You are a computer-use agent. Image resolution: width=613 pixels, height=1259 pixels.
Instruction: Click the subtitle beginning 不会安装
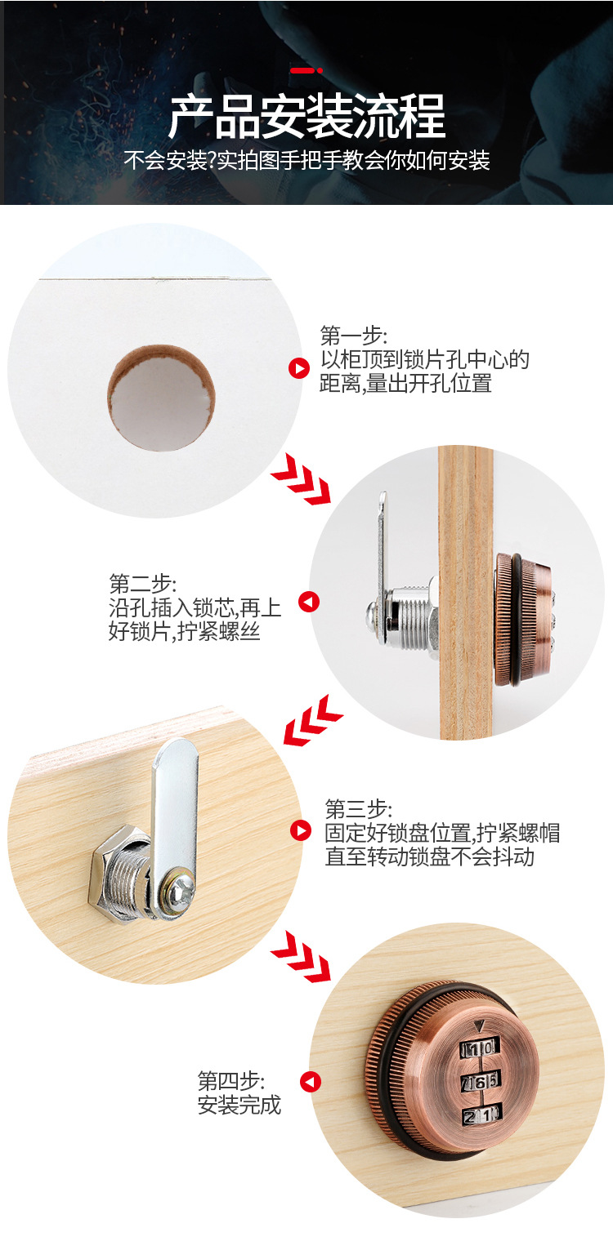[x=306, y=160]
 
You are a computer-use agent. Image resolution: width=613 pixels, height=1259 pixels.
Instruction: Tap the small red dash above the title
[x=306, y=71]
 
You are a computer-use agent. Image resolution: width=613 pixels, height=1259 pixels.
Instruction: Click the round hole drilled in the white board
[x=162, y=398]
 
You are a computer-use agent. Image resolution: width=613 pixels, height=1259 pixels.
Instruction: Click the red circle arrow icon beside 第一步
[x=299, y=369]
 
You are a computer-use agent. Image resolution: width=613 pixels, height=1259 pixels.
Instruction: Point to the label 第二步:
[x=142, y=584]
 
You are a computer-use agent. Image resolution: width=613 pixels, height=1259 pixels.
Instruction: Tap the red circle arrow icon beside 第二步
[x=309, y=603]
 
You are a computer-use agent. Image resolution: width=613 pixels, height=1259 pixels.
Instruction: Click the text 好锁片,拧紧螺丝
[x=184, y=631]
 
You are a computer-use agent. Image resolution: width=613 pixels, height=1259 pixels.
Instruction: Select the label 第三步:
[x=358, y=809]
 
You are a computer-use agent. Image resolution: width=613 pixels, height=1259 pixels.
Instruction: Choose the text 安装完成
[x=239, y=1105]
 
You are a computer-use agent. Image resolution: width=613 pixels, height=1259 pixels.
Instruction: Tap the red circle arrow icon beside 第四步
[x=310, y=1082]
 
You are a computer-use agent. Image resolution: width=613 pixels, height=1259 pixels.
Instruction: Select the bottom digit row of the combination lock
[x=481, y=1116]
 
